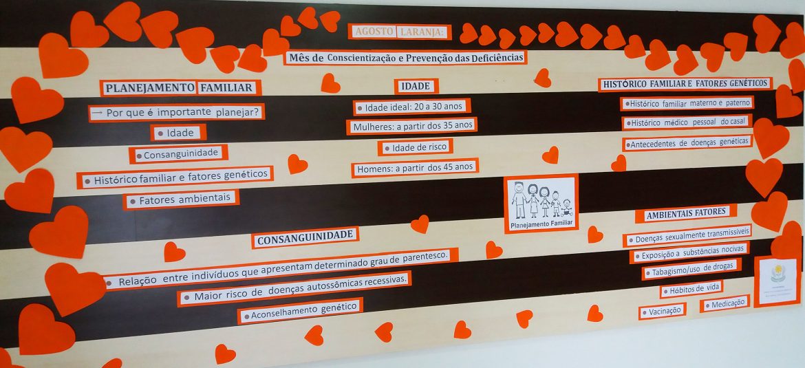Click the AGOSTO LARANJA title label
click(400, 32)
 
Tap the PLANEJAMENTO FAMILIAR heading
click(180, 87)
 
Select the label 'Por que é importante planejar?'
click(176, 112)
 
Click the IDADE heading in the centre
click(416, 86)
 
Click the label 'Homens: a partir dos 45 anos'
click(414, 168)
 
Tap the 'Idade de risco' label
click(415, 147)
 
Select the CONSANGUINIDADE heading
click(305, 237)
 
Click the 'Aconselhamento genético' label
click(300, 312)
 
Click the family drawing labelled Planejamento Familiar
click(541, 203)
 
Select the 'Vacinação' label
click(662, 311)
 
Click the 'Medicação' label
click(724, 303)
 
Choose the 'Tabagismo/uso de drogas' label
click(691, 269)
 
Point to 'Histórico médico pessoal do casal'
click(687, 123)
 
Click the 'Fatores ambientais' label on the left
click(181, 200)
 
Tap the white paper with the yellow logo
click(777, 281)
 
